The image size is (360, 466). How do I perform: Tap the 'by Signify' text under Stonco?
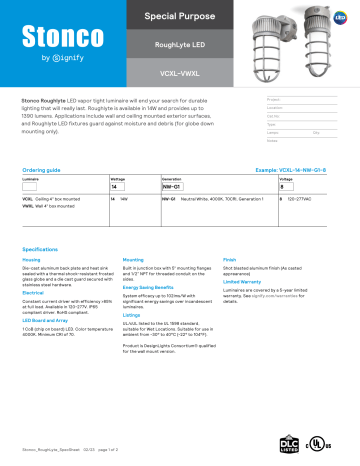tap(55, 58)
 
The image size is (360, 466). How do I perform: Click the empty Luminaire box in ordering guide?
tap(30, 186)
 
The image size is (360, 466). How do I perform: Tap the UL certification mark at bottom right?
tap(322, 441)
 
